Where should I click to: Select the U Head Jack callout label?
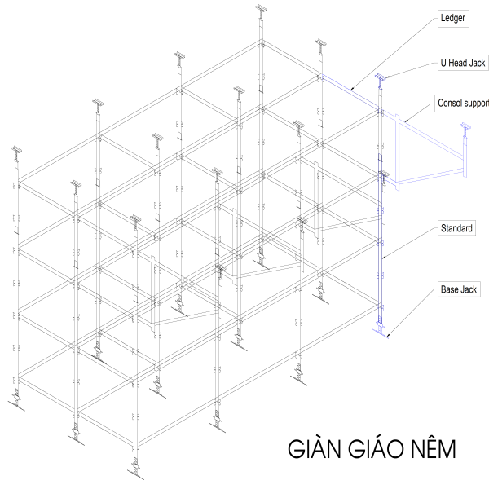(463, 63)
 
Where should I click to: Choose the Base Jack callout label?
(458, 289)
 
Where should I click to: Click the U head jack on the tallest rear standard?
(261, 10)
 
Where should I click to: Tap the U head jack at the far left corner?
(16, 150)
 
